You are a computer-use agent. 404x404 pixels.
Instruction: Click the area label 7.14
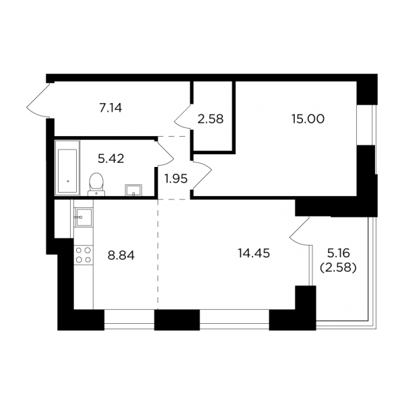tap(110, 108)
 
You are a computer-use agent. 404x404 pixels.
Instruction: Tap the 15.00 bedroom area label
tap(308, 119)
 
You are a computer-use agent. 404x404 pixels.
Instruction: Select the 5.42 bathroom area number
tap(111, 158)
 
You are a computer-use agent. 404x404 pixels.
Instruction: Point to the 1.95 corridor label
tap(176, 178)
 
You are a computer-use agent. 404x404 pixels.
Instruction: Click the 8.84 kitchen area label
tap(121, 256)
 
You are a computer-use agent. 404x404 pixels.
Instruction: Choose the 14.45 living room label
tap(254, 253)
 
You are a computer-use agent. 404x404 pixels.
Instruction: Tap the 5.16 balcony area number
tap(339, 253)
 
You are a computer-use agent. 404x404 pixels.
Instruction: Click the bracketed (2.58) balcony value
tap(338, 268)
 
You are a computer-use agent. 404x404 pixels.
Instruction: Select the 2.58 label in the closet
tap(211, 119)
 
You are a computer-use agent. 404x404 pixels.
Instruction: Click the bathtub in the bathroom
tap(67, 168)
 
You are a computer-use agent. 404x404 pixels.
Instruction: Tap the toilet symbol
tap(96, 184)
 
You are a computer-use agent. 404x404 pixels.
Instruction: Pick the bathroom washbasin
tap(133, 191)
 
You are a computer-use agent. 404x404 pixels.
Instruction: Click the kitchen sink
tap(83, 217)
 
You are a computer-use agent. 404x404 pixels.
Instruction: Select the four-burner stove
tap(83, 255)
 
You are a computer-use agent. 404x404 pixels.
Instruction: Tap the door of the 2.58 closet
tap(184, 117)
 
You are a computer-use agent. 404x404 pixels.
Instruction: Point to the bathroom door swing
tap(165, 153)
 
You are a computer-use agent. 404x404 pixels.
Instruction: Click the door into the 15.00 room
tap(202, 176)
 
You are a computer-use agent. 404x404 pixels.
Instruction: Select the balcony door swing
tap(300, 230)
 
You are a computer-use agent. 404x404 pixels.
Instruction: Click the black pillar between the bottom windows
tap(177, 320)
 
